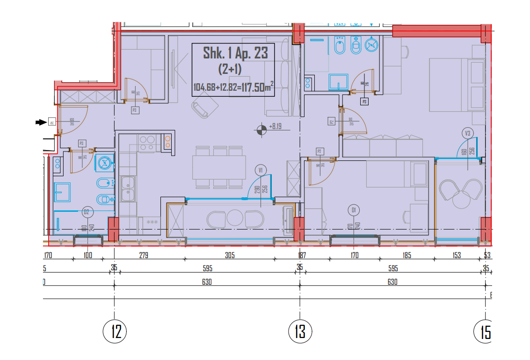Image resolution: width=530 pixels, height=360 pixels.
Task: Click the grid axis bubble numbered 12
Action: point(115,331)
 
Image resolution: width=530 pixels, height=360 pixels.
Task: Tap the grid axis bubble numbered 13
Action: point(300,331)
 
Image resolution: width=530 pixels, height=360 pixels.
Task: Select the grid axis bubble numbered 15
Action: point(484,332)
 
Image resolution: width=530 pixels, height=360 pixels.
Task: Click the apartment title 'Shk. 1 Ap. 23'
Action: point(235,53)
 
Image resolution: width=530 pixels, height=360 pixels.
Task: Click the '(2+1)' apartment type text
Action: point(230,70)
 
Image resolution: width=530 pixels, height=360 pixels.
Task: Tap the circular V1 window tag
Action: point(261,170)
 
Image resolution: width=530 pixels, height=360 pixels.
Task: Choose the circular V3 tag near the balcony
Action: point(467,133)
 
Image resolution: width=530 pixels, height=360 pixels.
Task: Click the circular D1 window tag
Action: point(354,210)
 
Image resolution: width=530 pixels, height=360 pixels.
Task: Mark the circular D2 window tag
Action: point(86,212)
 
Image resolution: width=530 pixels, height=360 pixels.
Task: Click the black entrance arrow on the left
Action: point(42,122)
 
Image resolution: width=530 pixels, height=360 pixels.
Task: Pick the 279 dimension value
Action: point(144,255)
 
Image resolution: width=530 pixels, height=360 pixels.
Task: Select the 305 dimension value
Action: point(230,255)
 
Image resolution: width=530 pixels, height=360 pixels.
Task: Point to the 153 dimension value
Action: point(457,255)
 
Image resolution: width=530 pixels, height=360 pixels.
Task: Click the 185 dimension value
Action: point(407,255)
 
